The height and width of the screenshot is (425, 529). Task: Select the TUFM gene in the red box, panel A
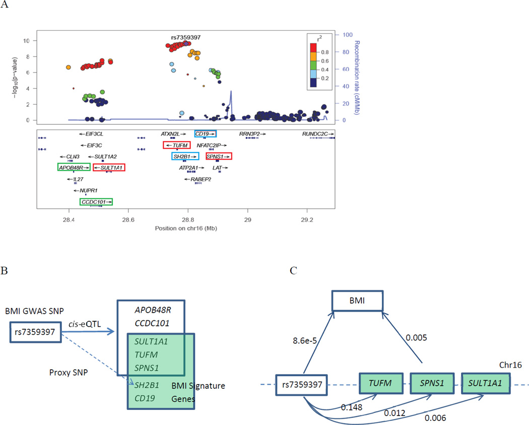[176, 145]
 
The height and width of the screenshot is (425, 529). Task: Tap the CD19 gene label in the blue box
[206, 134]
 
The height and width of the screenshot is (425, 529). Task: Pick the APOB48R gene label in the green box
[74, 167]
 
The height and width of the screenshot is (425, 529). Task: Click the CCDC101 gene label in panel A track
[96, 201]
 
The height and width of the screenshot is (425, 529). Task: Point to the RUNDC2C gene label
[318, 134]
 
